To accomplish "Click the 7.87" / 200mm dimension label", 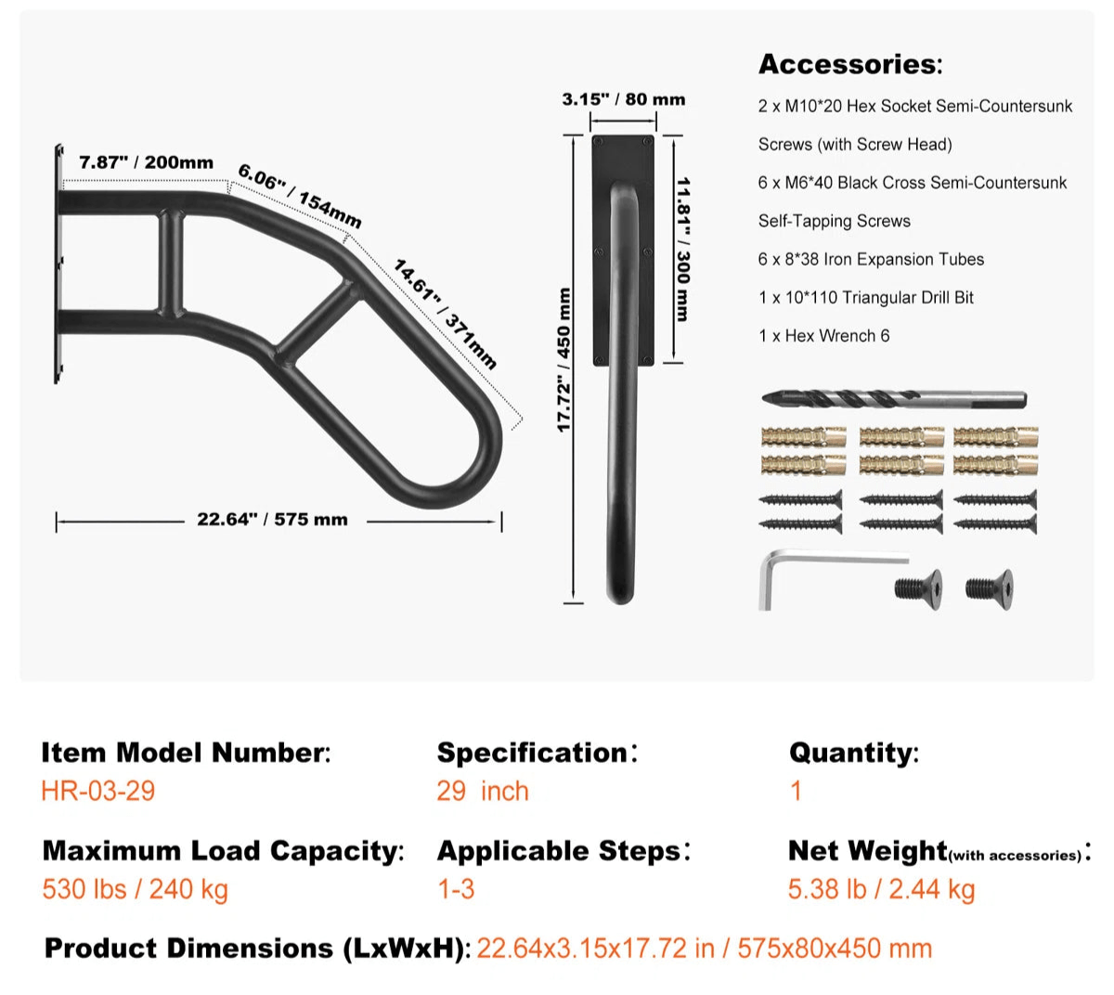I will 146,162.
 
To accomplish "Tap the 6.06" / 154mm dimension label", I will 299,196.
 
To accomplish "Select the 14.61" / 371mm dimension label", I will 445,314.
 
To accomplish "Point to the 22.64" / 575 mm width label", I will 272,520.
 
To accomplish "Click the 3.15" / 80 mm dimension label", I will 623,99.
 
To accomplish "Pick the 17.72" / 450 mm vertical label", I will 563,360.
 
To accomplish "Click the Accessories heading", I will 849,64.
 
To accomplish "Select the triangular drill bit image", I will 893,399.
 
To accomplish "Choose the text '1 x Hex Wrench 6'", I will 823,336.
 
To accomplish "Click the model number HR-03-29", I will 97,792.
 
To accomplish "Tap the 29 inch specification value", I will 483,792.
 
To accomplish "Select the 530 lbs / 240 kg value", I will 135,889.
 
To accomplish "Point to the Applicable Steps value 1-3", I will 456,889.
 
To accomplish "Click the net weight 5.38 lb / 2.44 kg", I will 881,889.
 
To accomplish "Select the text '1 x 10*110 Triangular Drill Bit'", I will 865,298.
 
